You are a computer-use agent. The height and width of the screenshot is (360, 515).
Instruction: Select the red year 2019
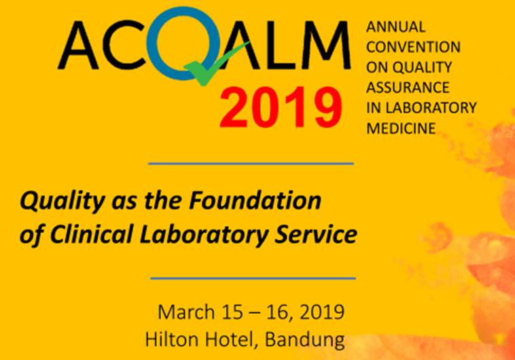[x=280, y=106]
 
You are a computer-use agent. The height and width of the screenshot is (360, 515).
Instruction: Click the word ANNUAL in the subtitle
[x=395, y=28]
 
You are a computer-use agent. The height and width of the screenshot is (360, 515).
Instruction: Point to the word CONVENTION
[x=413, y=48]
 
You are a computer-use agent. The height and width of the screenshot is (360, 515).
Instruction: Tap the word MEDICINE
[x=401, y=128]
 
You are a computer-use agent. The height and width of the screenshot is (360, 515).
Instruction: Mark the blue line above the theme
[x=251, y=164]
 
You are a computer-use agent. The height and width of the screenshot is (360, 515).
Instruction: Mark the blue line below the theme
[x=252, y=278]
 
